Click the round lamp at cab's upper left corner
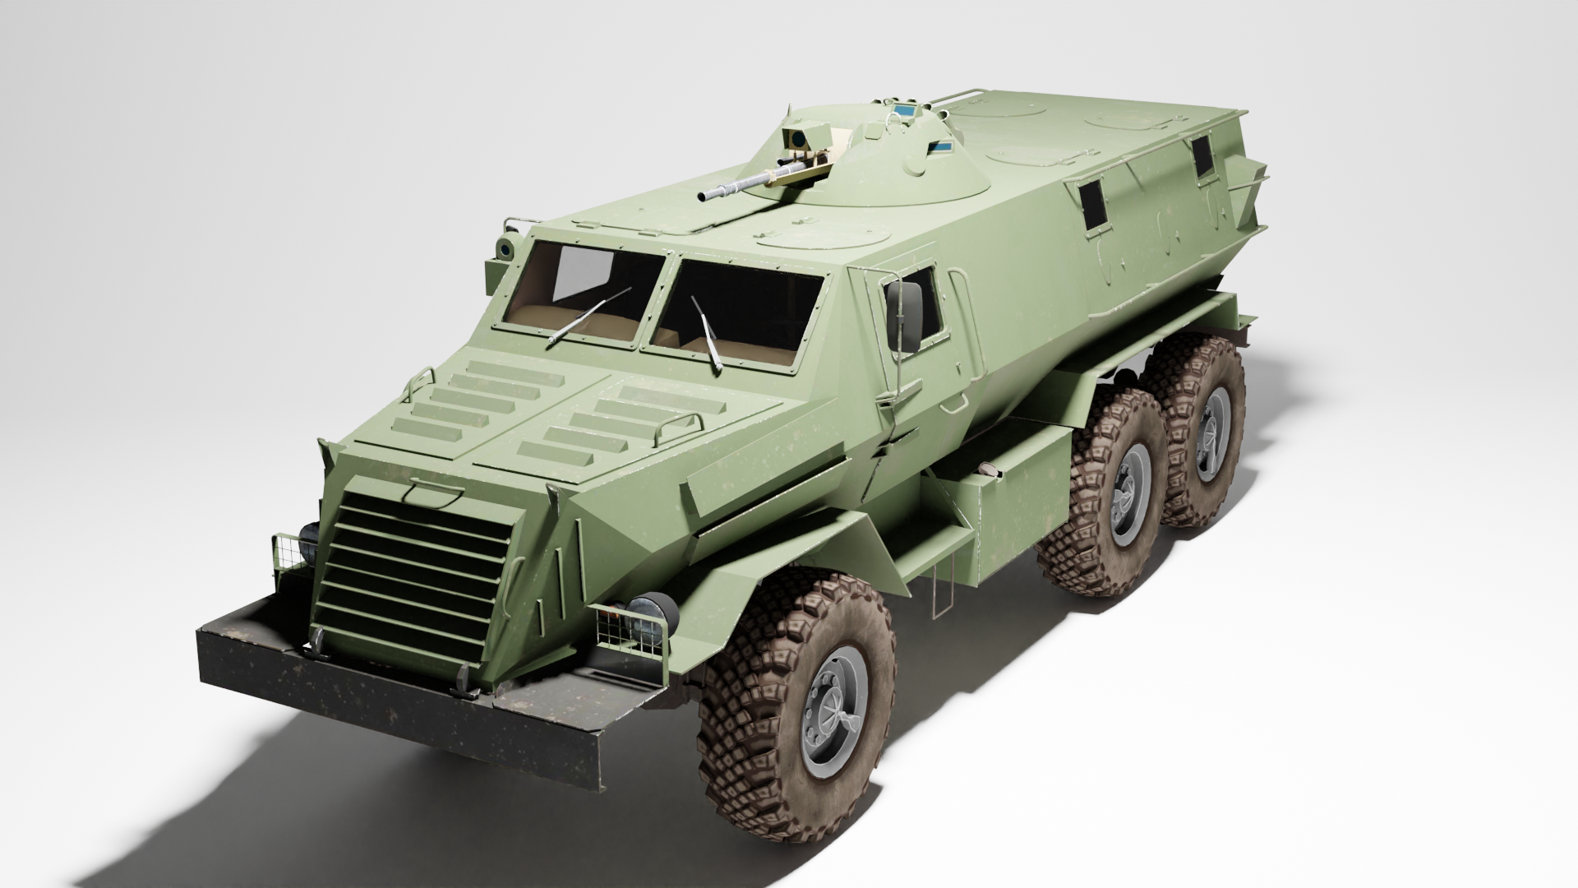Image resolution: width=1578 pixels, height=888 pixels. coord(505,247)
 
